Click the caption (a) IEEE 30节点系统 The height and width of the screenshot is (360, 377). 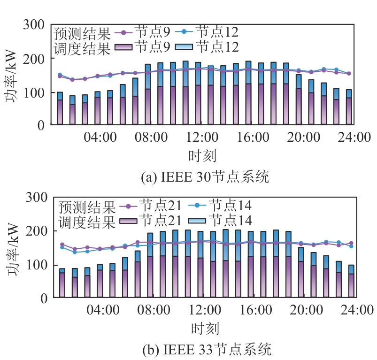[x=205, y=177]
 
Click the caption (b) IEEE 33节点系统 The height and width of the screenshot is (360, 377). [x=206, y=350]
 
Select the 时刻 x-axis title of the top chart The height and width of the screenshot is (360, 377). [x=202, y=155]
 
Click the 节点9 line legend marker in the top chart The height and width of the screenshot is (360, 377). [x=123, y=32]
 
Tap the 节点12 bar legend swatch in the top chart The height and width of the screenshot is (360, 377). [x=184, y=46]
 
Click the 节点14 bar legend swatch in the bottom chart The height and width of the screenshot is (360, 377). [x=197, y=220]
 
